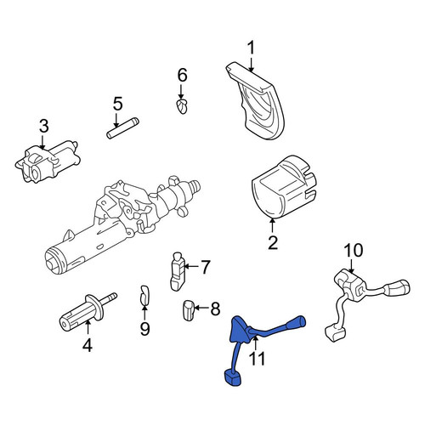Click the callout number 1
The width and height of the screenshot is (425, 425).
pyautogui.click(x=251, y=48)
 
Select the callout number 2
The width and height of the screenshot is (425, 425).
pyautogui.click(x=273, y=242)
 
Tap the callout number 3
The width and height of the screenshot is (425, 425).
pyautogui.click(x=44, y=126)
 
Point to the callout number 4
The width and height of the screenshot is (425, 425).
pyautogui.click(x=88, y=345)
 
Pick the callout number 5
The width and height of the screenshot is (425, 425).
pyautogui.click(x=117, y=104)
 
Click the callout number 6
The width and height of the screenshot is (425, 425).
pyautogui.click(x=182, y=75)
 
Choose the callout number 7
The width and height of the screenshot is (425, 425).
pyautogui.click(x=205, y=267)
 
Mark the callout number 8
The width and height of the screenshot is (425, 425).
pyautogui.click(x=215, y=309)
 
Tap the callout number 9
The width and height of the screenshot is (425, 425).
pyautogui.click(x=144, y=329)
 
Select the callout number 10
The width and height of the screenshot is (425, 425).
pyautogui.click(x=354, y=251)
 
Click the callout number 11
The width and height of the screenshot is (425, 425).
pyautogui.click(x=258, y=359)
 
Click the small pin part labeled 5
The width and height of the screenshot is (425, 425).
pyautogui.click(x=122, y=128)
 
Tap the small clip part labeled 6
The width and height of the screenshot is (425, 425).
pyautogui.click(x=181, y=106)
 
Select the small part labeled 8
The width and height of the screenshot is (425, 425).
pyautogui.click(x=188, y=310)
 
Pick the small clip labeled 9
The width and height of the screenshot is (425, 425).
pyautogui.click(x=144, y=297)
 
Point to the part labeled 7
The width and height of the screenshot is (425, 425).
pyautogui.click(x=178, y=271)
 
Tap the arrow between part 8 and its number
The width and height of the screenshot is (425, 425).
pyautogui.click(x=201, y=308)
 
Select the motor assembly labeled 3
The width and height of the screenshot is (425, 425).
pyautogui.click(x=48, y=161)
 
